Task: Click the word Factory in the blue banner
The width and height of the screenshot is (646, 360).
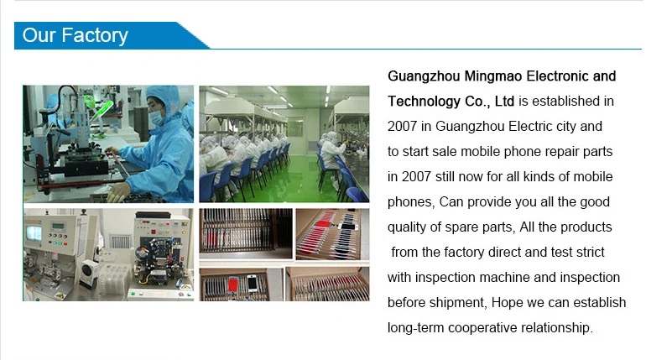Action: tap(95, 36)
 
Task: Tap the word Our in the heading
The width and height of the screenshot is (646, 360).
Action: tap(39, 35)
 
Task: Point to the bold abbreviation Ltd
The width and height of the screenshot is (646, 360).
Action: tap(504, 101)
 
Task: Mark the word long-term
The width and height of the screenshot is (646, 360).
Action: tap(415, 328)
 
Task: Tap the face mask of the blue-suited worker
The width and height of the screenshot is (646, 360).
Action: tap(157, 117)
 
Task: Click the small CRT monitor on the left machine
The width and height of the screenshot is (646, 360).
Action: tap(34, 233)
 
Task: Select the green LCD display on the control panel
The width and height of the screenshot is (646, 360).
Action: tap(58, 227)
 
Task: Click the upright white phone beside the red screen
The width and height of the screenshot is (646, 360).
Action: tap(252, 283)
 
